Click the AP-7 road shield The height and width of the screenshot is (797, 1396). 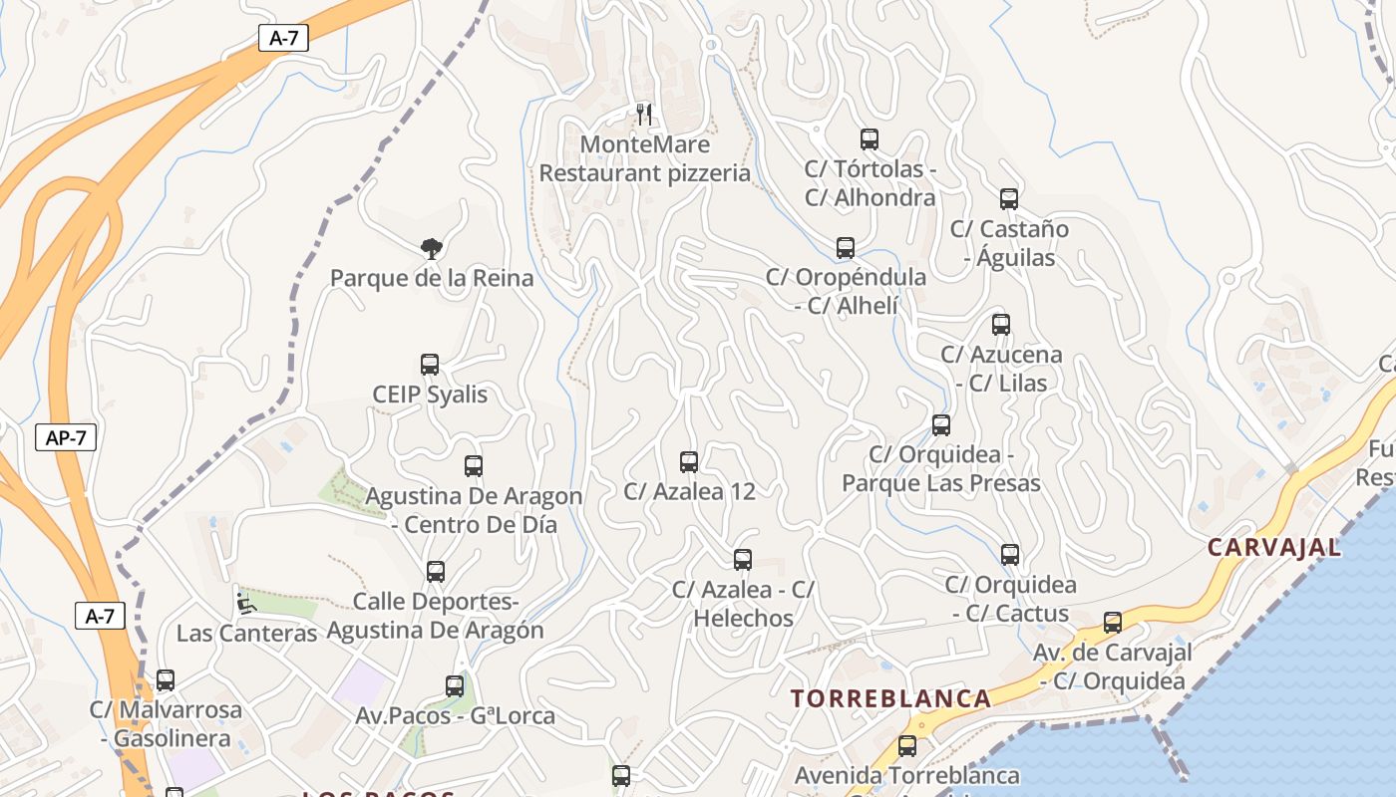pos(66,437)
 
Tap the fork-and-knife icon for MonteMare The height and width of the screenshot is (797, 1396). pos(644,114)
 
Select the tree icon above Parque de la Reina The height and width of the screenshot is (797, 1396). pos(431,247)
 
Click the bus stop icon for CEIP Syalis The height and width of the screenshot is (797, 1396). pos(430,365)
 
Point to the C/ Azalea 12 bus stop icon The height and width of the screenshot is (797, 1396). pos(689,461)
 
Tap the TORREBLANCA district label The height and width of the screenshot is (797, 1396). pos(891,698)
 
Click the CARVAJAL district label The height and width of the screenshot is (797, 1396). pos(1273,547)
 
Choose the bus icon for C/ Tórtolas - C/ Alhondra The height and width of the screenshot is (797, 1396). pos(870,139)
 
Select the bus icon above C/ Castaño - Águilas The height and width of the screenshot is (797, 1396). pos(1009,199)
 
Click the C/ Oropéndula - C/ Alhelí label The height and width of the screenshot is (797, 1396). pos(846,291)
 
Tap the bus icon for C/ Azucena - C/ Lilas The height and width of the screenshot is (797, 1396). pos(1001,325)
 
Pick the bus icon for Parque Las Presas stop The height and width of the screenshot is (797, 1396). pos(941,425)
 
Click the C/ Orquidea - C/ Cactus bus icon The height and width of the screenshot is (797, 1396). pos(1010,555)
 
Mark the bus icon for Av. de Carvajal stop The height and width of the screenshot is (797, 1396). pos(1113,623)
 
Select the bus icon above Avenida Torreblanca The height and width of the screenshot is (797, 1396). pos(907,746)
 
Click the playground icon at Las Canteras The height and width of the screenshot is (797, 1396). pos(244,603)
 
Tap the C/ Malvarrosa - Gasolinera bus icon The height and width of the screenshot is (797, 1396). pos(166,680)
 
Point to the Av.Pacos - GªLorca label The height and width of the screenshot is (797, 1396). pos(455,715)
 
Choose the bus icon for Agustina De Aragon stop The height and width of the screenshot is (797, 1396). pos(474,466)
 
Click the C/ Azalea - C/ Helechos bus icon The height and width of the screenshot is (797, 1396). pos(743,560)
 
